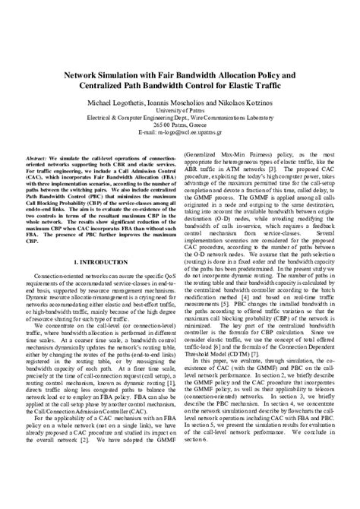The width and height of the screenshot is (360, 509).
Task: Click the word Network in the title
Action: [x=84, y=76]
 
